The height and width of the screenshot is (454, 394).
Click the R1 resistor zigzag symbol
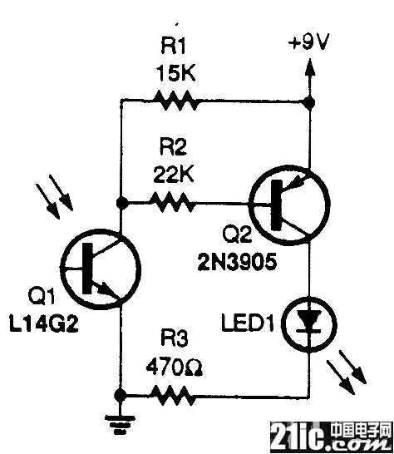click(176, 100)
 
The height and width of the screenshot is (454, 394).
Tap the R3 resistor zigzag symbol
click(173, 395)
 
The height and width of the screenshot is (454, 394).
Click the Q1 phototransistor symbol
click(101, 269)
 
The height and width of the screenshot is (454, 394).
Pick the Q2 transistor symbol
click(289, 205)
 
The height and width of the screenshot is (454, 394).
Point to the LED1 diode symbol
click(310, 323)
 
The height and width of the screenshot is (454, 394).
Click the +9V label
click(309, 43)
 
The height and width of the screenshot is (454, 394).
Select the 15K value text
click(176, 73)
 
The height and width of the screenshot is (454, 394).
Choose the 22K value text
click(174, 174)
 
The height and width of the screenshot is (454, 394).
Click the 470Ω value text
click(175, 368)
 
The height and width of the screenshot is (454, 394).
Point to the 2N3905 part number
click(237, 262)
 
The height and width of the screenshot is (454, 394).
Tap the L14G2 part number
click(44, 323)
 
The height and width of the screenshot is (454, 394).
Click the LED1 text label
click(248, 323)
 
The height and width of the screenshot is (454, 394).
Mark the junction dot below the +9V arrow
click(310, 102)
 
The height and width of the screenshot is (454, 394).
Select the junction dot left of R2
click(121, 202)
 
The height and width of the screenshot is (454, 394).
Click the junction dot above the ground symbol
click(121, 394)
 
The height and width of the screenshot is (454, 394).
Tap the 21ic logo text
click(299, 437)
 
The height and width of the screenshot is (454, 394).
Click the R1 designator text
click(173, 46)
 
